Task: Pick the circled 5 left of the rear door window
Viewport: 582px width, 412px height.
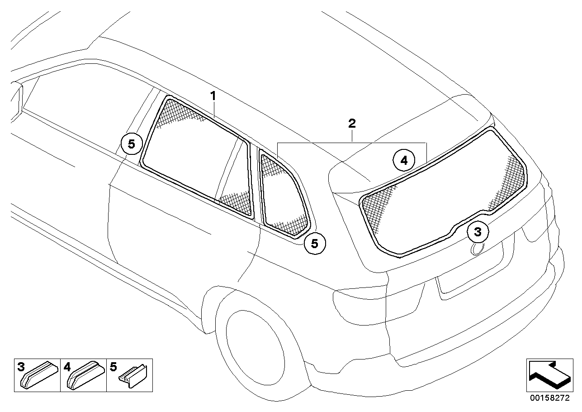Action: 131,144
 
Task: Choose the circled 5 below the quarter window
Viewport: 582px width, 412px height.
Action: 315,244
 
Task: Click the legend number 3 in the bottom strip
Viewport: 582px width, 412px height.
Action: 20,366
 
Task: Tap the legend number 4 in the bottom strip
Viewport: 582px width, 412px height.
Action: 67,366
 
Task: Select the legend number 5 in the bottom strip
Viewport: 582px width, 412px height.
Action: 113,366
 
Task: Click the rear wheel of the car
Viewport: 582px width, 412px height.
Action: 262,344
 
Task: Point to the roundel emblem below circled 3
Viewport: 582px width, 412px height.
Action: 477,248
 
